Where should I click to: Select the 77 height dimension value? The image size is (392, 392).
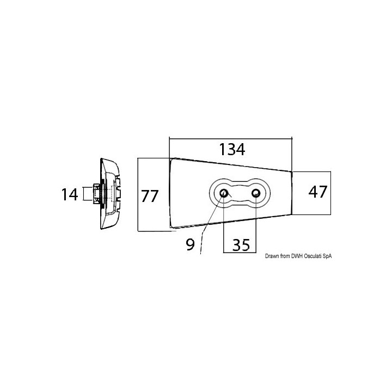tap(150, 195)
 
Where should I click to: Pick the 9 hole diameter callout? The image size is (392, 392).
tap(190, 244)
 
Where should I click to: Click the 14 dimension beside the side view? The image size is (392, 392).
tap(70, 194)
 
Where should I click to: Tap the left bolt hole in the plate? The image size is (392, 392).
tap(223, 193)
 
